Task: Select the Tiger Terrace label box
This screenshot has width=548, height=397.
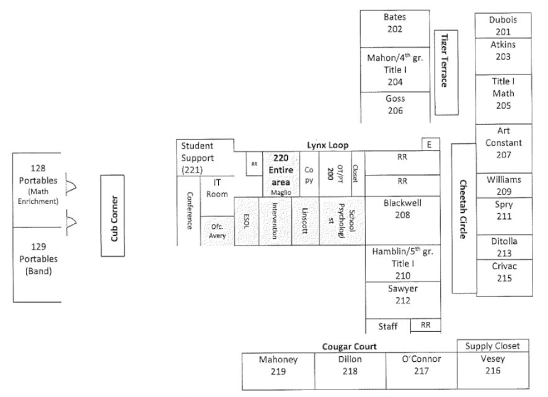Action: [445, 72]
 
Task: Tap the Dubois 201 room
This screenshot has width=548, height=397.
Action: [503, 25]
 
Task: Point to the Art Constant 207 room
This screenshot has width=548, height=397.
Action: [503, 148]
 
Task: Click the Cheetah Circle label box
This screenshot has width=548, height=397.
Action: [462, 218]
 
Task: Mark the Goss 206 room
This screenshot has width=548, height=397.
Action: [395, 105]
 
